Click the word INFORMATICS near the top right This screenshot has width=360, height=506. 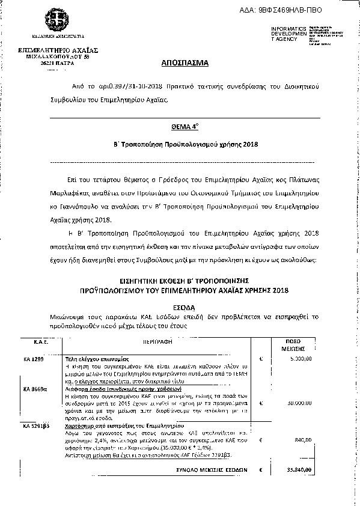click(288, 29)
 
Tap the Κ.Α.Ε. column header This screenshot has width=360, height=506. click(33, 341)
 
